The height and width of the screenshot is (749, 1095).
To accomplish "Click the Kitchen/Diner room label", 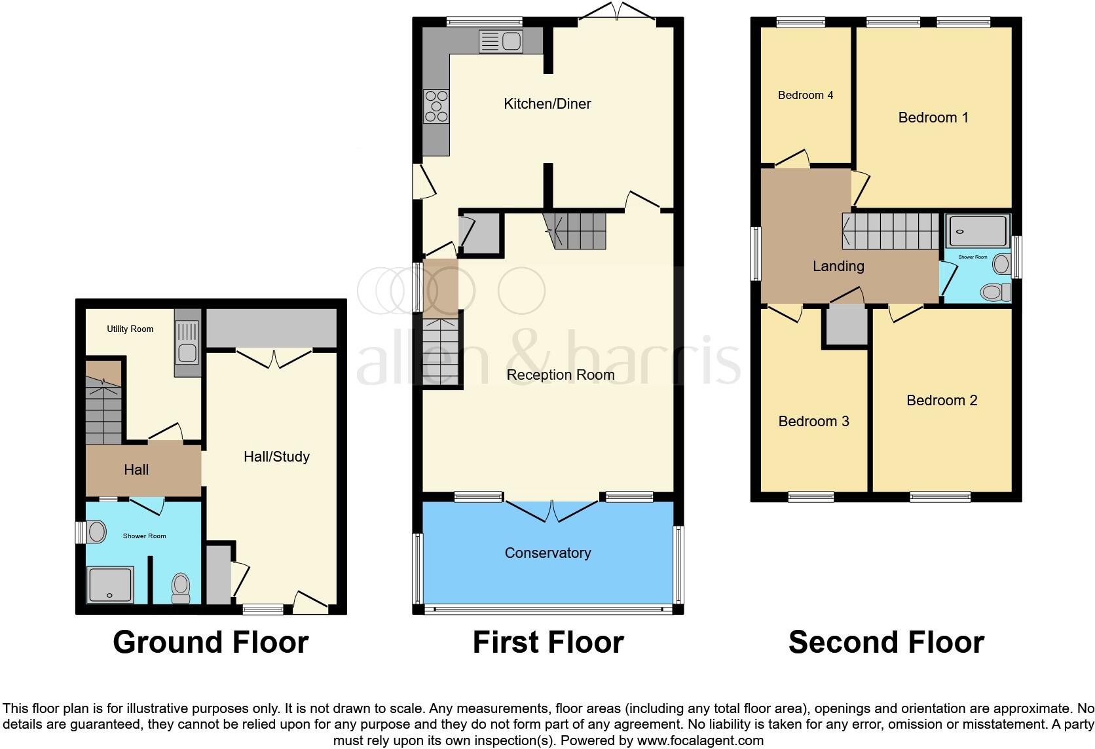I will pos(547,103).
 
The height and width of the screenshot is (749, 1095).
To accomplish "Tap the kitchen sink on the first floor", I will pos(501,41).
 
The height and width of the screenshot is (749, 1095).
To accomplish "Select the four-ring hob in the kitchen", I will pos(436,106).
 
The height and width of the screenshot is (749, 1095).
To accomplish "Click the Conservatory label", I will pos(547,553).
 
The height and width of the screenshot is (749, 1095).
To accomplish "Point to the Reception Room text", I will pos(561,374).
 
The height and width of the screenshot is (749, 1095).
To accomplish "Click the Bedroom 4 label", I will pos(805,95).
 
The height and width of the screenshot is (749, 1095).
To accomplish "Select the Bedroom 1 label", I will pos(933,117).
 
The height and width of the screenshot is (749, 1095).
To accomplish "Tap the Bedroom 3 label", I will pos(813,421).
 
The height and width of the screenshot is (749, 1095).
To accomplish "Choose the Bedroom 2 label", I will pos(942,400).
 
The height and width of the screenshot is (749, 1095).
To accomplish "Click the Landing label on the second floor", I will pos(838,266).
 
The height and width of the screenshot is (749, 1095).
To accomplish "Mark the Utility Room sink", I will pos(187,343).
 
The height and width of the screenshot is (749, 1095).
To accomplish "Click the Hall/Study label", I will pos(276,456).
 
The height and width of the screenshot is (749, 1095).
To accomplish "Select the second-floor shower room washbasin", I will pos(1001,265).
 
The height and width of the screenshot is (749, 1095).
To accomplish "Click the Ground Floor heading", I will pos(210,642).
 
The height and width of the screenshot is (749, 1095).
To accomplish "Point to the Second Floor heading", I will pos(886,642).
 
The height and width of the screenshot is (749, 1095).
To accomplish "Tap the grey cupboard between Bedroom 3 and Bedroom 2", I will pos(845,325).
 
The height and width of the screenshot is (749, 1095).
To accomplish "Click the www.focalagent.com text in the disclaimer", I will pos(700,740).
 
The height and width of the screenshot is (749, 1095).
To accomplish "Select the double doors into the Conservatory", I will pos(551,511).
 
